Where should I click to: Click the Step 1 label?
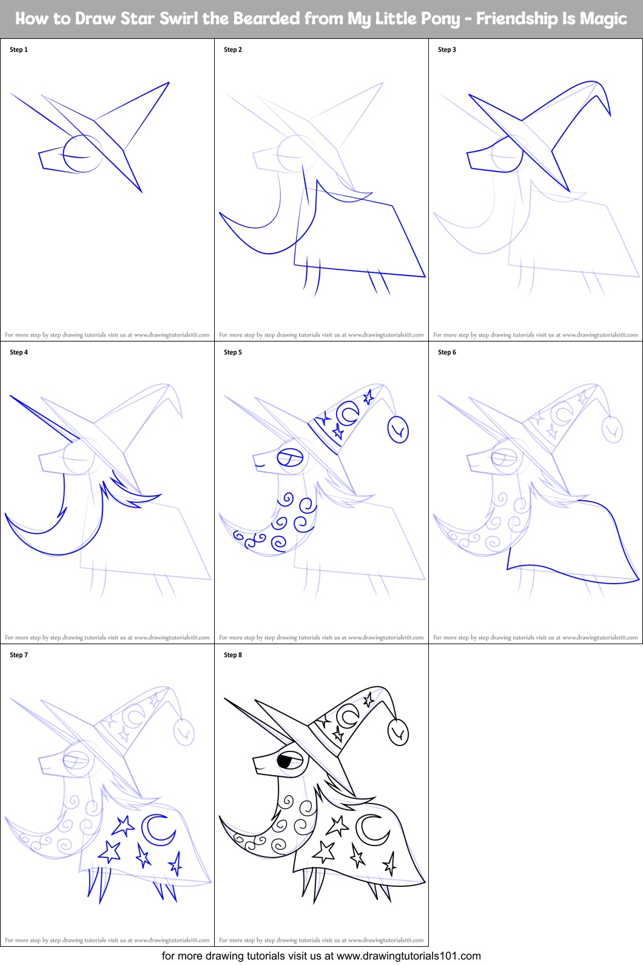click(x=19, y=50)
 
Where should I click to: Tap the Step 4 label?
click(x=19, y=352)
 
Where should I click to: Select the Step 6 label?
click(x=447, y=352)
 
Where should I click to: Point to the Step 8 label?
click(x=233, y=655)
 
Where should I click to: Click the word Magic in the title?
click(x=603, y=19)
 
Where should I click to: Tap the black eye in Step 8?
click(x=285, y=761)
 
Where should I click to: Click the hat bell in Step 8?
click(x=399, y=733)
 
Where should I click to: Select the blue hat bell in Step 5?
click(x=399, y=430)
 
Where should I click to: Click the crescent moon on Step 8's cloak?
click(x=371, y=830)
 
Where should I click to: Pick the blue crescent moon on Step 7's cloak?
click(x=158, y=830)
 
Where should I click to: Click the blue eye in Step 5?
click(x=290, y=458)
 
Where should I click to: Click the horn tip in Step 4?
click(x=12, y=397)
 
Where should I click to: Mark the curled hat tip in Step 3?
click(x=608, y=113)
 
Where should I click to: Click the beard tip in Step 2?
click(x=220, y=214)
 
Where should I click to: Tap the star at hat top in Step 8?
click(x=368, y=700)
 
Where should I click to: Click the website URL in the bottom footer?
click(x=408, y=956)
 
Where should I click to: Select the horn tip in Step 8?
click(x=226, y=699)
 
